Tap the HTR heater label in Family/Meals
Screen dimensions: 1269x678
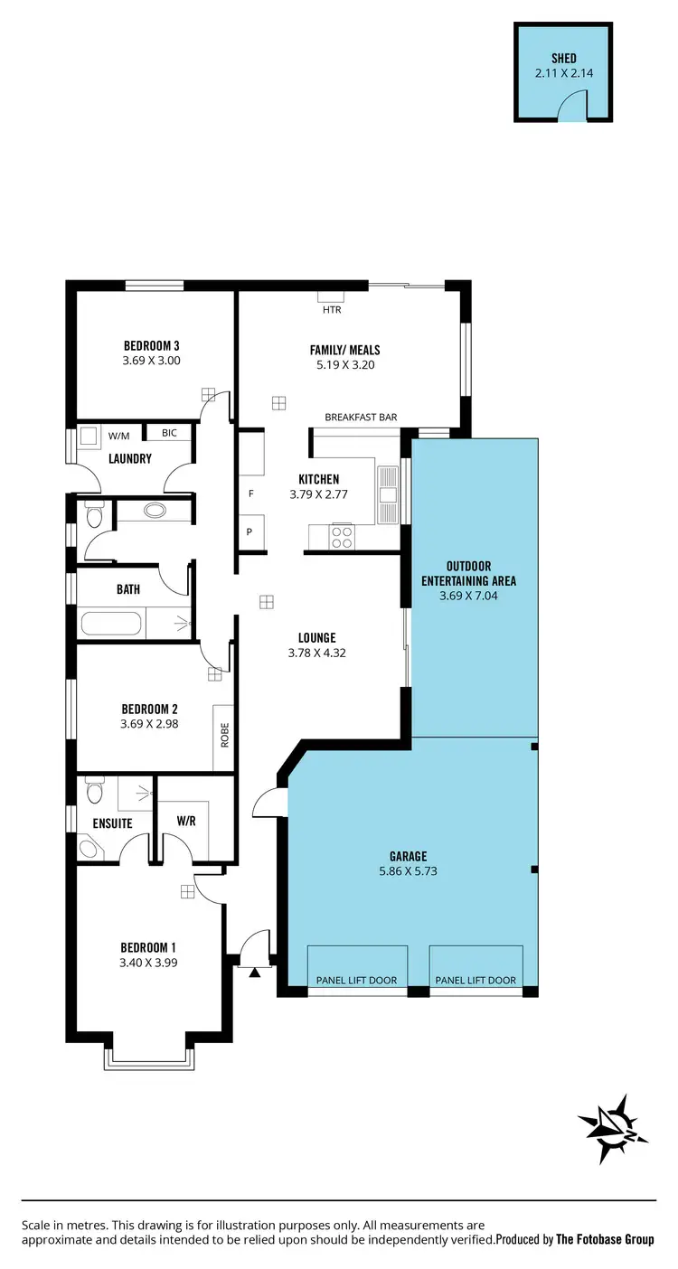pos(329,310)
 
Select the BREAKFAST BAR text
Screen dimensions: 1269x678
pos(361,418)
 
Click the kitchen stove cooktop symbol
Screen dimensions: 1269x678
pos(342,537)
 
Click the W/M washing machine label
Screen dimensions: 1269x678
pos(118,436)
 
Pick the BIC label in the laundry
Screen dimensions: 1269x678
pos(169,433)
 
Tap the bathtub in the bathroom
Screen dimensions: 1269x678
pos(111,625)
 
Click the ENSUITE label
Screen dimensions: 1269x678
pos(112,823)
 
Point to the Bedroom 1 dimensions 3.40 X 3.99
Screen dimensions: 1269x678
pos(148,963)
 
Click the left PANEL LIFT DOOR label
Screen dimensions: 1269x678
pos(356,981)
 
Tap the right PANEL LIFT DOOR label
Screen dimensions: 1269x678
pos(476,981)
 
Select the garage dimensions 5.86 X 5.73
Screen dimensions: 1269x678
pos(409,871)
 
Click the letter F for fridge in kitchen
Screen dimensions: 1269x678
pos(250,494)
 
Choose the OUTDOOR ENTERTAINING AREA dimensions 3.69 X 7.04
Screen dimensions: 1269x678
pos(468,597)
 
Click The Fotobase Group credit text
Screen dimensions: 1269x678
pos(605,1239)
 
